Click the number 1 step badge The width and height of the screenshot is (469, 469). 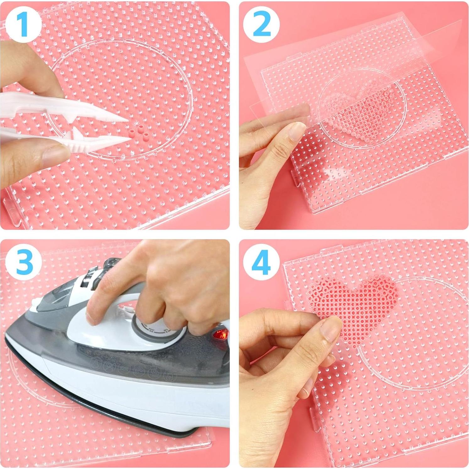click(x=23, y=24)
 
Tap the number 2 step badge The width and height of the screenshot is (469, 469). click(x=261, y=24)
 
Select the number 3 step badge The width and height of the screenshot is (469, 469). click(x=23, y=261)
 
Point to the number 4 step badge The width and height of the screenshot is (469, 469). click(x=261, y=261)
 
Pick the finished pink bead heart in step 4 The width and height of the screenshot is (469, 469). click(x=355, y=302)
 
